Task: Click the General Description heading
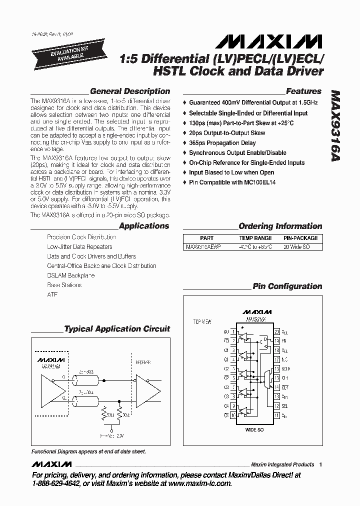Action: coord(129,91)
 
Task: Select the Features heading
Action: coord(303,91)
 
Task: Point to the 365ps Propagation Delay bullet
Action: coord(222,143)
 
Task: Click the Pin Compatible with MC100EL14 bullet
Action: coord(232,182)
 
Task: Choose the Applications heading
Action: coord(144,226)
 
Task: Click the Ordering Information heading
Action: coord(280,226)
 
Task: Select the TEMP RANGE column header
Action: coord(255,238)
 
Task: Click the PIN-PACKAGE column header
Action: coord(300,238)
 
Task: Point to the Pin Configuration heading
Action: coord(287,286)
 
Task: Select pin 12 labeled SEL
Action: coord(276,405)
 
